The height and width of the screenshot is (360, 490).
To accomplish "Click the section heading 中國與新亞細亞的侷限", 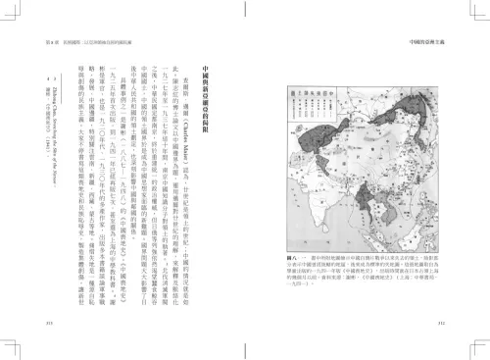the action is [204, 107].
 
